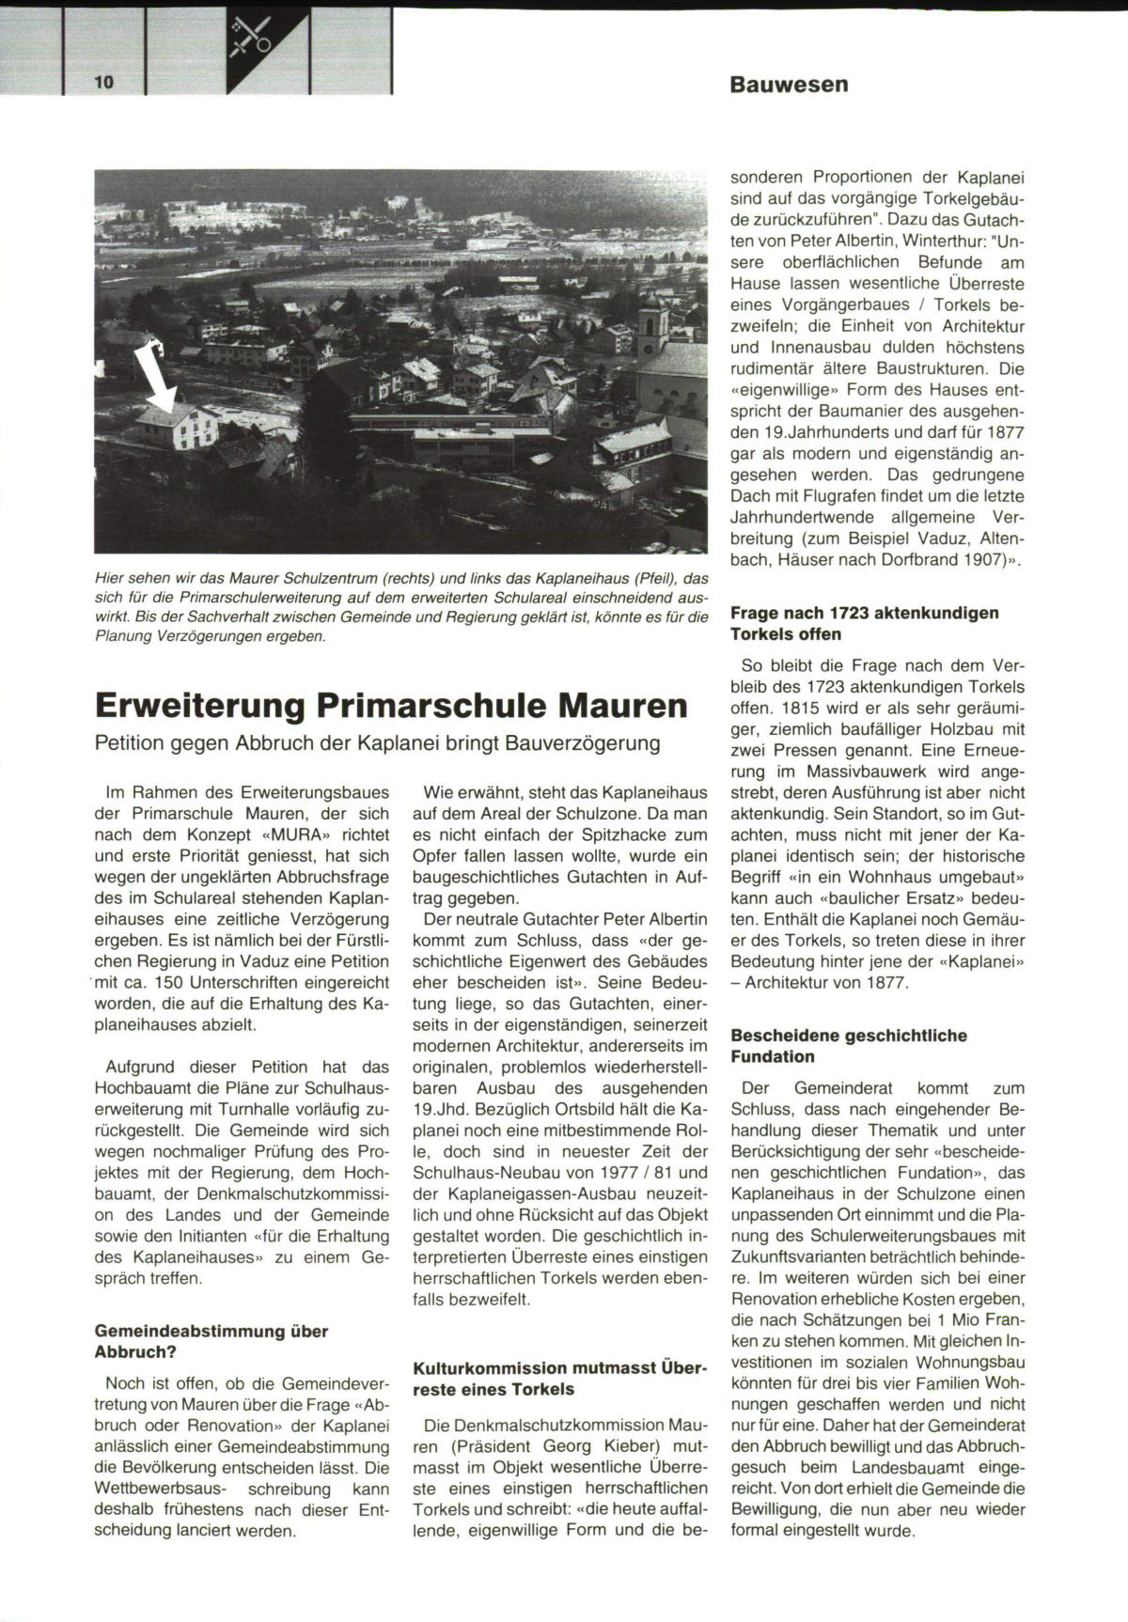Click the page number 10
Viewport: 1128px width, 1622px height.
pyautogui.click(x=103, y=83)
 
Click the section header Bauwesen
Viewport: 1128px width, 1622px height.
pyautogui.click(x=789, y=85)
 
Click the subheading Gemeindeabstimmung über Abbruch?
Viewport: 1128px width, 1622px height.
pyautogui.click(x=211, y=1342)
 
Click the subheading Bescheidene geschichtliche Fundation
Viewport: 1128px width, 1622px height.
pyautogui.click(x=848, y=1046)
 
